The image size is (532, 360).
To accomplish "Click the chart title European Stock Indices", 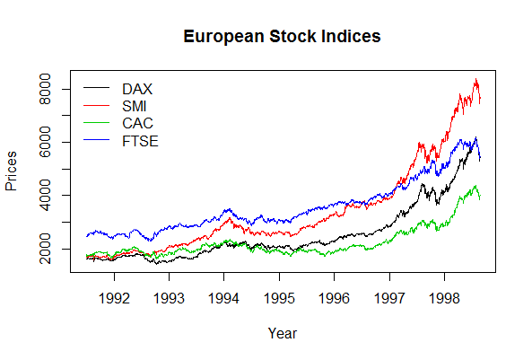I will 282,37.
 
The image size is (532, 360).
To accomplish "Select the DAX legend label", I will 137,90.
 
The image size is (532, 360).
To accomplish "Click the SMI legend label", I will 136,107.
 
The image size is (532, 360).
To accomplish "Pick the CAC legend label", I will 137,124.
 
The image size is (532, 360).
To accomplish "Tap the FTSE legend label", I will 140,141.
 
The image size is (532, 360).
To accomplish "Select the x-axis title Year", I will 282,333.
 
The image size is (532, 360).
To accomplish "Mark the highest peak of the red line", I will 475,78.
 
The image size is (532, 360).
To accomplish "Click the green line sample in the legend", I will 96,123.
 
